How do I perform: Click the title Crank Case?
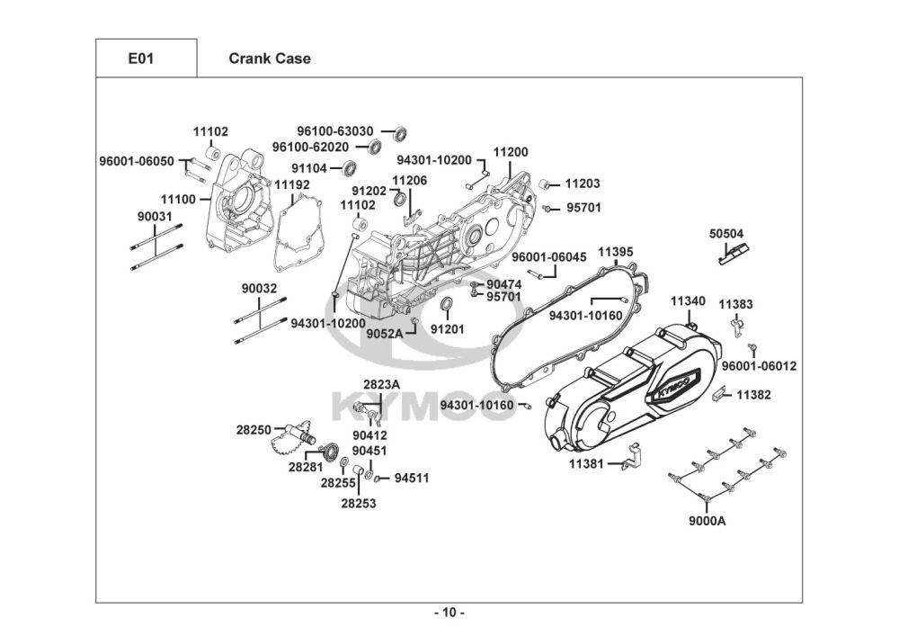point(270,58)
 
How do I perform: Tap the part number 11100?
point(178,199)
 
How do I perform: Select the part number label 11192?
point(292,184)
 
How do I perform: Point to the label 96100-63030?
point(335,131)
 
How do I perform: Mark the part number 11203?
point(583,184)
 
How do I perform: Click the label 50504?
point(726,233)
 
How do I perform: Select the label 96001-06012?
point(759,366)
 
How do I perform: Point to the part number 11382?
point(754,394)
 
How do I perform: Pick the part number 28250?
point(254,430)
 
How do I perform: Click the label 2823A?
point(381,384)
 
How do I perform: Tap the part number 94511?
point(411,478)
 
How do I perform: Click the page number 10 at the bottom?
point(449,614)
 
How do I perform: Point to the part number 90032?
point(259,289)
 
